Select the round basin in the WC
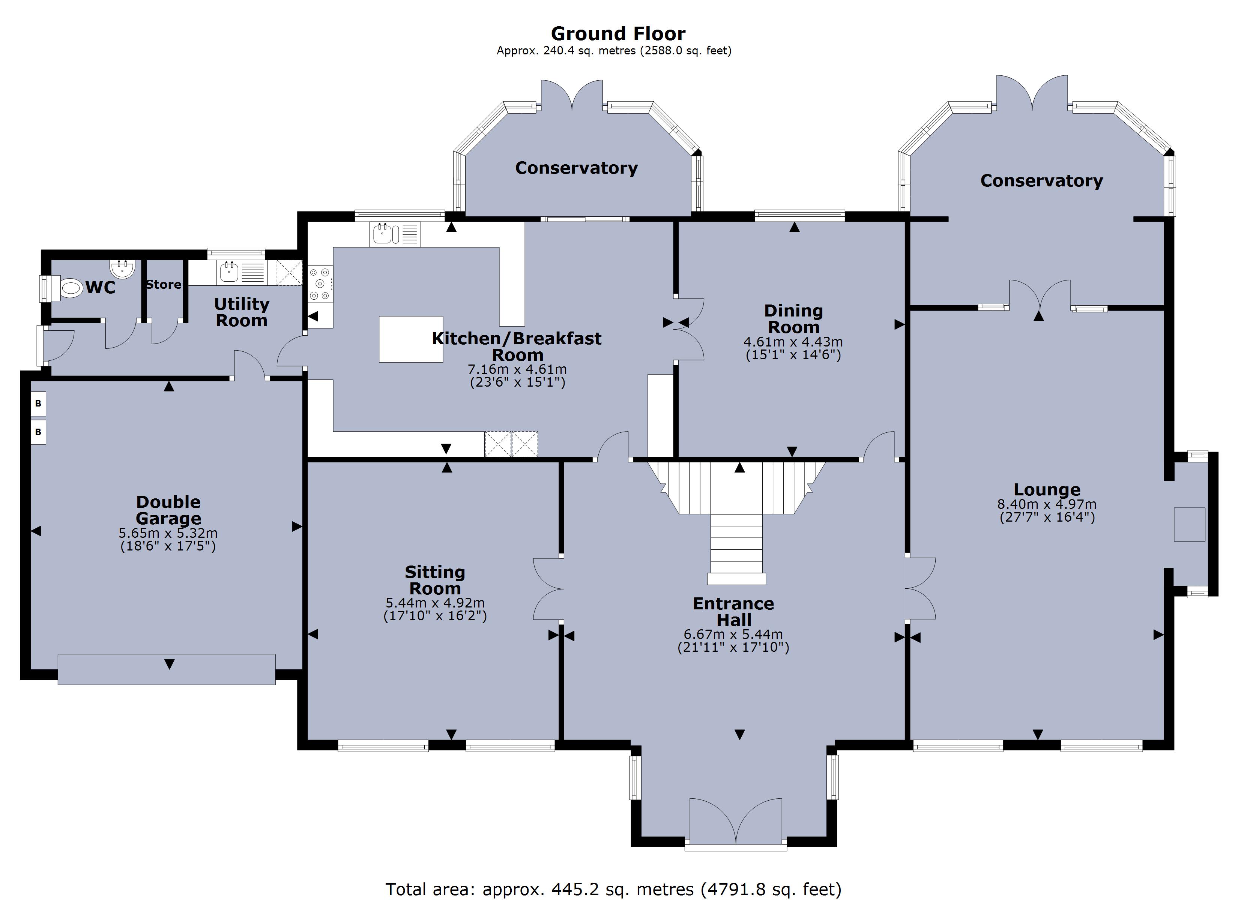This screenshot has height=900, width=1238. point(122,269)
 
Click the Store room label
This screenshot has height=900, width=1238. point(163,284)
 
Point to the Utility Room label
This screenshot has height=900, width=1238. point(241,312)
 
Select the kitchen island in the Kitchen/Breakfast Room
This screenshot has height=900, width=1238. point(410,339)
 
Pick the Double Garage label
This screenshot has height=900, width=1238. point(168,510)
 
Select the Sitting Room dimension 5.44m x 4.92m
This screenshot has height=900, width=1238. point(435,603)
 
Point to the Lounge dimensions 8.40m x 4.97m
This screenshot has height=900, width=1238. point(1046,504)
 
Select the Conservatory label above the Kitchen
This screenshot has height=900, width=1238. point(577,168)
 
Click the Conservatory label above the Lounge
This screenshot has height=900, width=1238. point(1041,181)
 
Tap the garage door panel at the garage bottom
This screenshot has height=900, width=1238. point(167,669)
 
